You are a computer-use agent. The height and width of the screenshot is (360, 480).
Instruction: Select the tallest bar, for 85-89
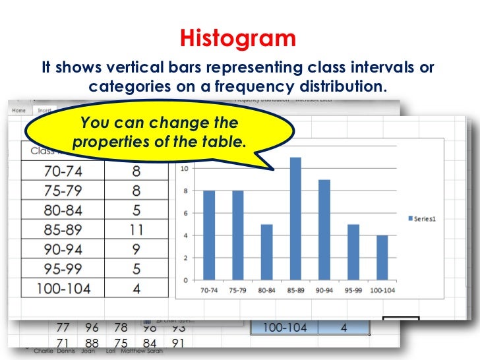coord(295,218)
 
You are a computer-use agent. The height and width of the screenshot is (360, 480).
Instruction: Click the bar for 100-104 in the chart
coord(381,257)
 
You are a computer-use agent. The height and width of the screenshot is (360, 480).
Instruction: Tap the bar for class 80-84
coord(266,252)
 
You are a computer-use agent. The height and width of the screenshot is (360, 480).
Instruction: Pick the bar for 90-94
coord(324,229)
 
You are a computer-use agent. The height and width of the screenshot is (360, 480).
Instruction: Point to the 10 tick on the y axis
coord(187,168)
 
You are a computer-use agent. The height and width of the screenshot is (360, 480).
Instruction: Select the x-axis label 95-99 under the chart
coord(353,290)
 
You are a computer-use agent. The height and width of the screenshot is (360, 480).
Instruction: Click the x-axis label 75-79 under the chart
coord(237,290)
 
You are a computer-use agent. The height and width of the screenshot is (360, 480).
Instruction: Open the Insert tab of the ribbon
coord(45,111)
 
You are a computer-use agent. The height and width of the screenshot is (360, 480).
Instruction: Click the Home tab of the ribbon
coord(18,111)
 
